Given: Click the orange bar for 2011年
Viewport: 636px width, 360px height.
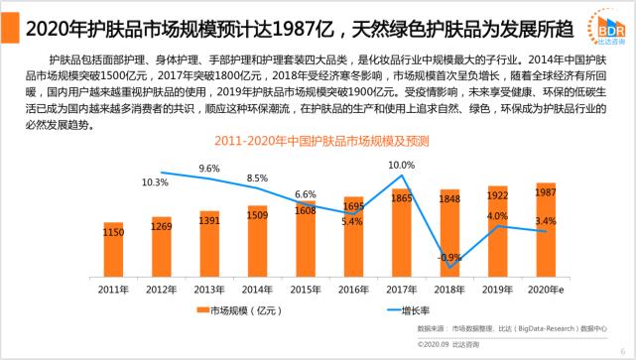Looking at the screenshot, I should pos(114,248).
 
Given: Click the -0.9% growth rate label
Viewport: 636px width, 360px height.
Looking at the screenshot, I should pos(449,257).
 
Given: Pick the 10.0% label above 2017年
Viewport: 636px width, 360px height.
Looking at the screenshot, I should pos(401,165).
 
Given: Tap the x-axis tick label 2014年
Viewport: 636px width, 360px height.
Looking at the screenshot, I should pos(257,289).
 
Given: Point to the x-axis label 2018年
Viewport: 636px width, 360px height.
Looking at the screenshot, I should pos(449,289).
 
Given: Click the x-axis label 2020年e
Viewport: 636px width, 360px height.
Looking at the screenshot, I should pos(545,289).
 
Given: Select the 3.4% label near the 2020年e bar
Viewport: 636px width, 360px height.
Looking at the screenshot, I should pos(545,220).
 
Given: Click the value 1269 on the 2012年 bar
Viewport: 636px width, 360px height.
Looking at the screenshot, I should pos(162,225).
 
